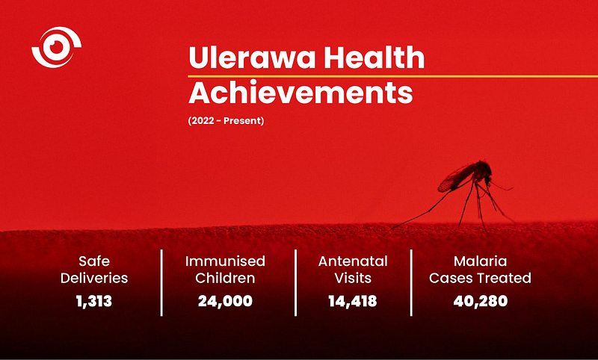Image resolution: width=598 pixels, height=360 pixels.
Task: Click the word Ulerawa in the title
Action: point(252,58)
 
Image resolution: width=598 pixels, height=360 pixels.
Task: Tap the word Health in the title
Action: point(374,58)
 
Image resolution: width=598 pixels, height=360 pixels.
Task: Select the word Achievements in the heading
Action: point(301,93)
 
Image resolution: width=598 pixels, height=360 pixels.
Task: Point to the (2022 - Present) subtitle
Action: point(226,121)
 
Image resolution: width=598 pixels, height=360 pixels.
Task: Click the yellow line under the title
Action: point(393,76)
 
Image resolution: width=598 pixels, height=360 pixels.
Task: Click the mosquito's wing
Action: point(456,179)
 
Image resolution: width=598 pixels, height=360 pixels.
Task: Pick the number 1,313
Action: point(94,301)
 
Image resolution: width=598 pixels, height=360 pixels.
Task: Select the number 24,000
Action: point(225,301)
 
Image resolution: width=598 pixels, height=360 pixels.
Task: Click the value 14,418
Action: point(353,301)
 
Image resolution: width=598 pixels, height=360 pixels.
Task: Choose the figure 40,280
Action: point(481,301)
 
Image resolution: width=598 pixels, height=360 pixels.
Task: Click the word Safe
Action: point(94,261)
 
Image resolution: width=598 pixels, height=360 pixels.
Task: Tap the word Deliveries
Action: point(94,278)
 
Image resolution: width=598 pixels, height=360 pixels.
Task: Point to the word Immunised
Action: point(225,261)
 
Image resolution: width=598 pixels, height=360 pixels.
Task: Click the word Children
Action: point(225,278)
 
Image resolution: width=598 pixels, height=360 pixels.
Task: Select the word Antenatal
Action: point(353,261)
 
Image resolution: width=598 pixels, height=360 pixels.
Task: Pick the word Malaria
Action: point(481,261)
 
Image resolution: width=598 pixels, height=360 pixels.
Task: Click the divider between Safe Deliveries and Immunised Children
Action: point(161,282)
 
